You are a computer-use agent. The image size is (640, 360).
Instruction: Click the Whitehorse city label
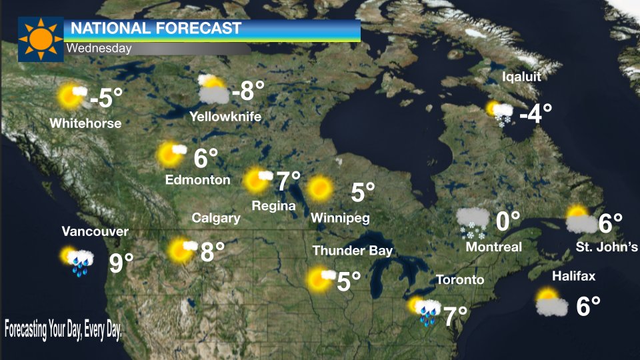point(85,123)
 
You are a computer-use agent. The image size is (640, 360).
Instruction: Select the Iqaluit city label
point(521,77)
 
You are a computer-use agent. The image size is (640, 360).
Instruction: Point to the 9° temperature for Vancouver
point(121,263)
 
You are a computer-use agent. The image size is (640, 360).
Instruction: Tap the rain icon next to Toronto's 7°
point(425,311)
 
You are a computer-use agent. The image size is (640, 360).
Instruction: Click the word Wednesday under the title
point(99,48)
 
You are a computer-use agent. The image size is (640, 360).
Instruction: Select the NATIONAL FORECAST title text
point(155,29)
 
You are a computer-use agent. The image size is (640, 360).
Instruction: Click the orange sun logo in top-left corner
point(40,39)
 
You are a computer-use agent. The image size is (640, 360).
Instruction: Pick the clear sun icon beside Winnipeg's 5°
point(320,189)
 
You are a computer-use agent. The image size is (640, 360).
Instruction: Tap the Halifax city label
point(573,276)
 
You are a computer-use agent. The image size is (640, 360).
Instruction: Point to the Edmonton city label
point(198,180)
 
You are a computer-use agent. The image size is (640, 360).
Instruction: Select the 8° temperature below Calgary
point(212,251)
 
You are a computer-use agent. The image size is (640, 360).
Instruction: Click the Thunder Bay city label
point(353,251)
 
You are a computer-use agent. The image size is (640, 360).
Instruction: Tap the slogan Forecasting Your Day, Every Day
point(63,329)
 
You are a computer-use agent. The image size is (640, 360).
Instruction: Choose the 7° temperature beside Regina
point(288,181)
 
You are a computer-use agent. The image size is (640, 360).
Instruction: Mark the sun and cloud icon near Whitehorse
point(72,96)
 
